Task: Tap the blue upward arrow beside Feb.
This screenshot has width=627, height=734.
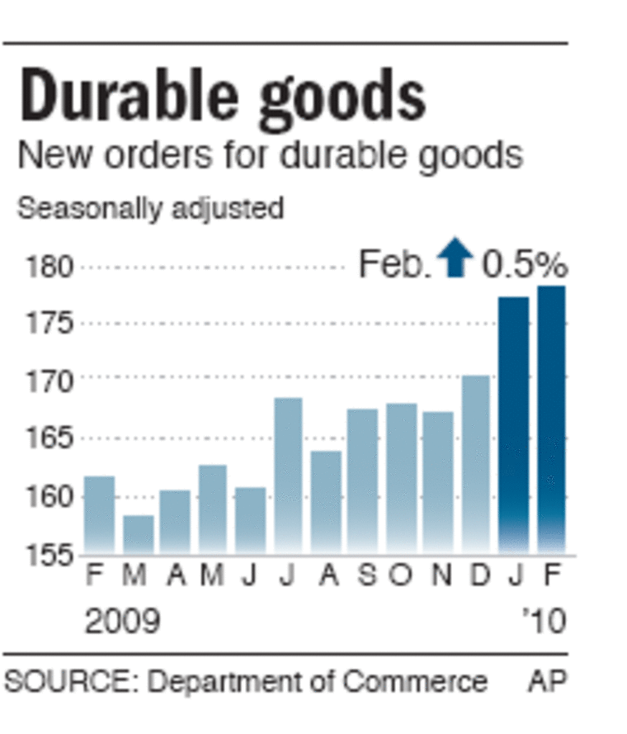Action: pos(455,258)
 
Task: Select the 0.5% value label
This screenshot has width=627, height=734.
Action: pos(525,265)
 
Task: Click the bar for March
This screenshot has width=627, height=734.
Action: pos(139,533)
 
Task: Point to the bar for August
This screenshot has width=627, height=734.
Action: pos(326,500)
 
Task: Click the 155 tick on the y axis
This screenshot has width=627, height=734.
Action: pos(50,555)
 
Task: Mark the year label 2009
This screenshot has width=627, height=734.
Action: pos(122,621)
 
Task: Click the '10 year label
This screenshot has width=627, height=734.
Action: pos(544,621)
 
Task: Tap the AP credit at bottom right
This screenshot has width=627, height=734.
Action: pos(548,682)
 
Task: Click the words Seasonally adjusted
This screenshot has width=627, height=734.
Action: pos(150,208)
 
